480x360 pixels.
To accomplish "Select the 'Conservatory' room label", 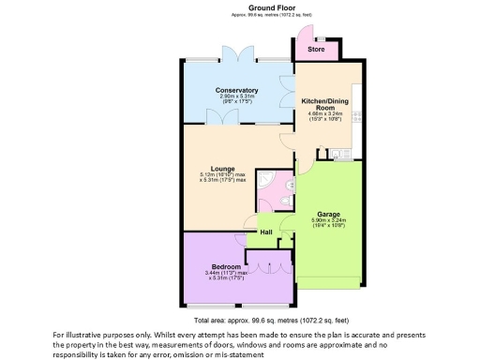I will pyautogui.click(x=235, y=90).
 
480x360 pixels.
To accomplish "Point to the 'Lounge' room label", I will pyautogui.click(x=222, y=169).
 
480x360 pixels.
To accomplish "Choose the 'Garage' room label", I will pyautogui.click(x=327, y=212).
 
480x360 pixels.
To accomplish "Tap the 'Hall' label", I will pyautogui.click(x=266, y=232).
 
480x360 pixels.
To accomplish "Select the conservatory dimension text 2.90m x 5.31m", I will pyautogui.click(x=235, y=97).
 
